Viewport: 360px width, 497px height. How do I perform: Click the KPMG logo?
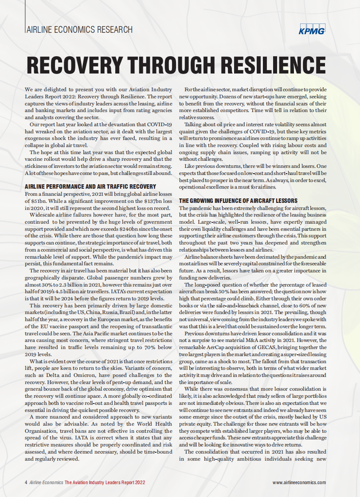tap(312, 30)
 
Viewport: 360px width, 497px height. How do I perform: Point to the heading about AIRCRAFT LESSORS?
tap(235, 201)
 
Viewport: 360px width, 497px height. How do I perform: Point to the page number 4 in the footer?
tap(26, 482)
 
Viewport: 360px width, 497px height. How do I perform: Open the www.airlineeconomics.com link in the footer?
tap(299, 482)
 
